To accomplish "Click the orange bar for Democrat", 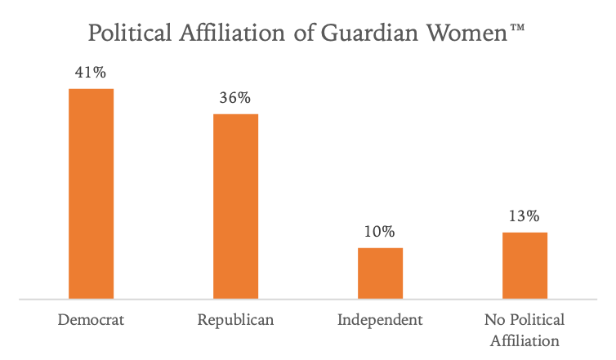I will tap(91, 193).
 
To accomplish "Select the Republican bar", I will tap(235, 207).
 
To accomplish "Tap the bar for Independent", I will tap(380, 273).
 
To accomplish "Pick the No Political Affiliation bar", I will tap(524, 266).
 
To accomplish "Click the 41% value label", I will tap(91, 73).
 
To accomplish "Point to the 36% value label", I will tap(235, 98).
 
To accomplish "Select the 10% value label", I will tap(380, 232).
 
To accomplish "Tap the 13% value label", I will tap(524, 216).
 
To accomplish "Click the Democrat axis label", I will tap(91, 319).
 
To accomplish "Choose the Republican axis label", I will tap(235, 319).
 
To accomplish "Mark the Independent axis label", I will tap(380, 319).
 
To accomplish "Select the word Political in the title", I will tap(133, 33).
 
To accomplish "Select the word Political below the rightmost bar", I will tap(536, 319).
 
